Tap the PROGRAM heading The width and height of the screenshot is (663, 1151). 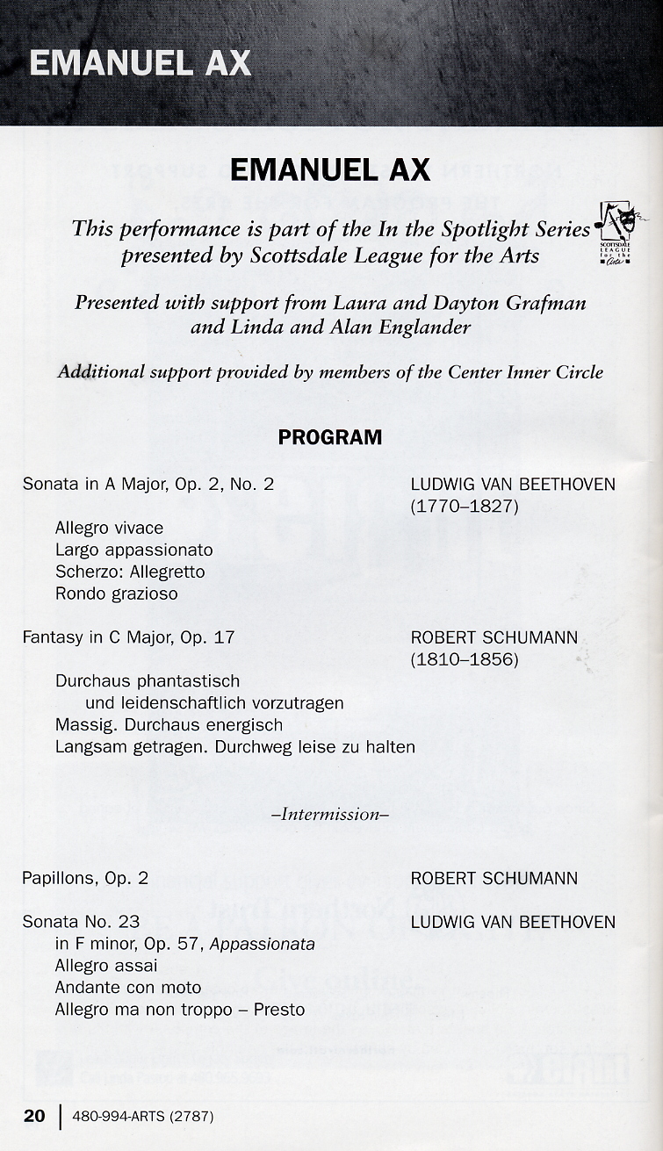point(330,437)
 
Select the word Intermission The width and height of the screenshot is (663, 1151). point(330,814)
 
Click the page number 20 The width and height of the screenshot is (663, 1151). point(34,1116)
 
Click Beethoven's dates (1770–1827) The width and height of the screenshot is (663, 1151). point(465,507)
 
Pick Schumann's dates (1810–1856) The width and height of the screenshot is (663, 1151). point(465,659)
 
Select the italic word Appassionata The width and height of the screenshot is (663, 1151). point(263,945)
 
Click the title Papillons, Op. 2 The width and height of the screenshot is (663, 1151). point(85,879)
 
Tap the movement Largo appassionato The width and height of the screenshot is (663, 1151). point(134,550)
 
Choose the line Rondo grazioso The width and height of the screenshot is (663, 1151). point(117,594)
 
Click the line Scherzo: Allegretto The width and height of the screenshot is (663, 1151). point(130,572)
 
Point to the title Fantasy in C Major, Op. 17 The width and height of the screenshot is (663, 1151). point(128,637)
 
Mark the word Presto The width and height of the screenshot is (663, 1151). point(279,1010)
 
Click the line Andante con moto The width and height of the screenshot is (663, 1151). point(128,988)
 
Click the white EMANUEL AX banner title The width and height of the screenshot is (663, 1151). point(141,64)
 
